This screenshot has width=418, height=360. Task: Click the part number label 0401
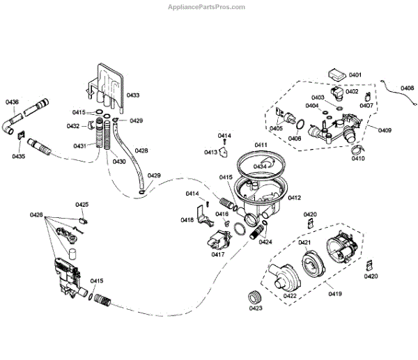[355, 75]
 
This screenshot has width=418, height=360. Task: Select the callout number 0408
[408, 88]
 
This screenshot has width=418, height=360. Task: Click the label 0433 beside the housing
[132, 95]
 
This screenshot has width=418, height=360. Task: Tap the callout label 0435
[18, 156]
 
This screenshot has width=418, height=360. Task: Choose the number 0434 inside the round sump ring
[261, 167]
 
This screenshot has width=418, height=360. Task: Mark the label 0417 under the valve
[217, 255]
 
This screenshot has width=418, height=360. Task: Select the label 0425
[82, 205]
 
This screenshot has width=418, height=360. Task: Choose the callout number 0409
[385, 130]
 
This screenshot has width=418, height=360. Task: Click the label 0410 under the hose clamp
[358, 158]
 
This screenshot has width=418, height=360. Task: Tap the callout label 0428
[141, 150]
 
